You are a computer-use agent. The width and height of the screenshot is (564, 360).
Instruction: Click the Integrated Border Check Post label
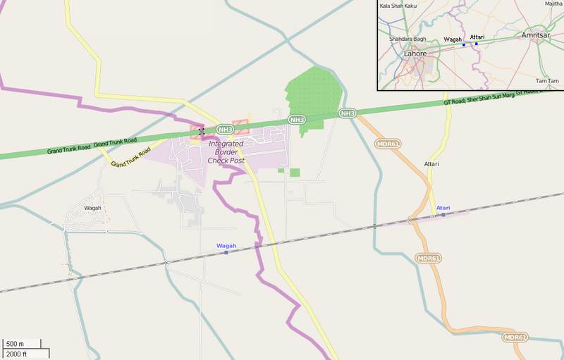tap(226, 151)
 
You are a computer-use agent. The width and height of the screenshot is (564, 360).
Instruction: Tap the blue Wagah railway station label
tap(226, 245)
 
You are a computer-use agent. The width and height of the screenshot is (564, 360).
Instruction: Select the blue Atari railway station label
tap(443, 208)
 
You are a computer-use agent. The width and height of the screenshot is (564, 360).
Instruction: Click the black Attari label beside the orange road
tap(431, 164)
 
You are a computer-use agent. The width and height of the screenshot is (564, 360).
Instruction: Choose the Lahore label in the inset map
tap(415, 53)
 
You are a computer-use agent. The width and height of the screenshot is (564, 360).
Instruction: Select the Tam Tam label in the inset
tap(547, 81)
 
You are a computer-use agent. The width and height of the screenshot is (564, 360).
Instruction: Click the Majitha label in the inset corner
tap(553, 4)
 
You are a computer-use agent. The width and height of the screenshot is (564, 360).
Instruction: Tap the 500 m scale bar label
tap(15, 344)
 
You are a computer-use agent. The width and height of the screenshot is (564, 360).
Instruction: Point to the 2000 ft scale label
tap(17, 354)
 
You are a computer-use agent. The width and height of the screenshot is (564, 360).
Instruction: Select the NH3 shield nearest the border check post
tap(225, 129)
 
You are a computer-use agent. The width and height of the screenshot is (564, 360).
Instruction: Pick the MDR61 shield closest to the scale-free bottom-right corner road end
tap(515, 337)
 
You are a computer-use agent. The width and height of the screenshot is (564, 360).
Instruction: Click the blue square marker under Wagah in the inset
tap(464, 44)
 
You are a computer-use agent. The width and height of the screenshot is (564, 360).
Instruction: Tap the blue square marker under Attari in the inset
tap(476, 44)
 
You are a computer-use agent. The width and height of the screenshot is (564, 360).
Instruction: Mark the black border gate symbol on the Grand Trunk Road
tap(202, 131)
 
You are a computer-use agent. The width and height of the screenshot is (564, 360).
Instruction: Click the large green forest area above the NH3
tap(312, 92)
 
